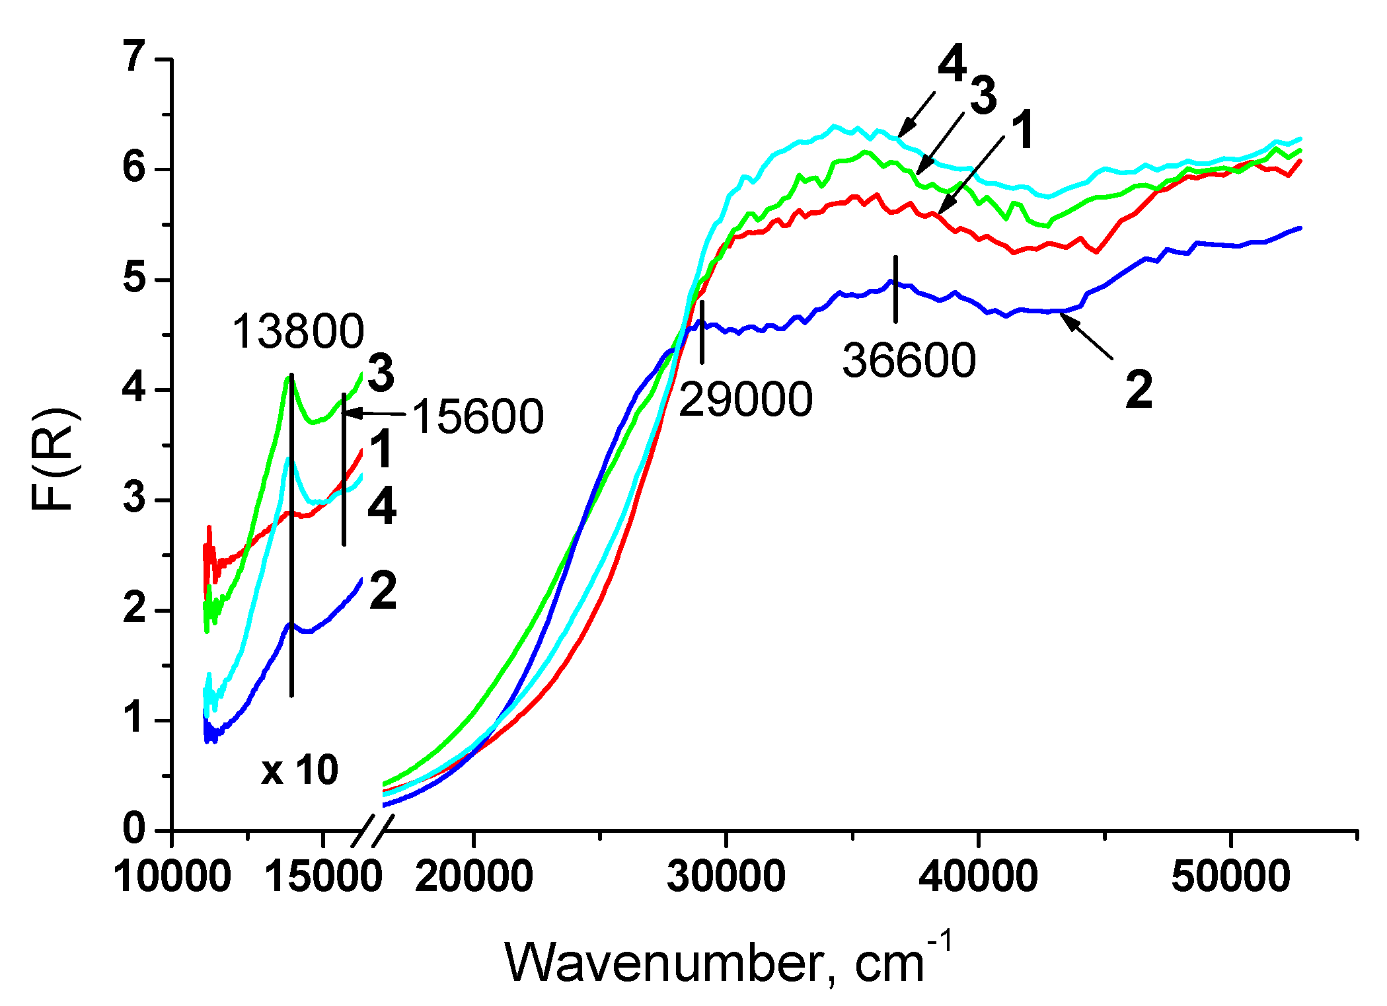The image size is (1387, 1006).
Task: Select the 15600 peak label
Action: click(478, 417)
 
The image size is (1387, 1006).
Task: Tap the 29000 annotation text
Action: click(745, 400)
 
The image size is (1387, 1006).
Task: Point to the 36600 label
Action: click(909, 361)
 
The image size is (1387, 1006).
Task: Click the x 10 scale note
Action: click(299, 770)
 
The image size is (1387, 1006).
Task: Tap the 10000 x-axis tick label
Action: click(172, 877)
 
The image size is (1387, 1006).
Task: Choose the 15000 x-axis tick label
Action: click(323, 877)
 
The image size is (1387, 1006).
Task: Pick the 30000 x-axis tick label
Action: click(726, 877)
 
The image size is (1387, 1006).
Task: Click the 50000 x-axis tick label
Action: click(1230, 877)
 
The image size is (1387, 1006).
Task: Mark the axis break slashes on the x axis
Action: click(373, 830)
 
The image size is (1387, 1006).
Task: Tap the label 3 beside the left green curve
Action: click(381, 373)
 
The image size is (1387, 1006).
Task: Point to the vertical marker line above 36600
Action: click(895, 289)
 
